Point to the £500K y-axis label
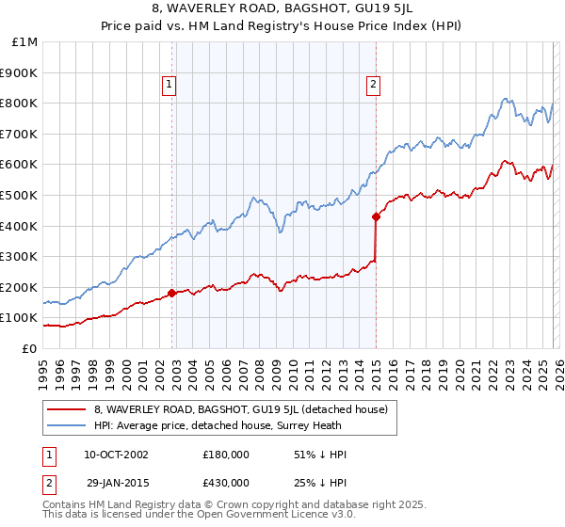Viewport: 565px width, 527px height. pyautogui.click(x=20, y=195)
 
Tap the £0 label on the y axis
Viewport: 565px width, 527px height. pyautogui.click(x=29, y=348)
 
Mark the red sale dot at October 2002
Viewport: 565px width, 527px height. pyautogui.click(x=172, y=293)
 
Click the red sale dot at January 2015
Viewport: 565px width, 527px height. pyautogui.click(x=376, y=216)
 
